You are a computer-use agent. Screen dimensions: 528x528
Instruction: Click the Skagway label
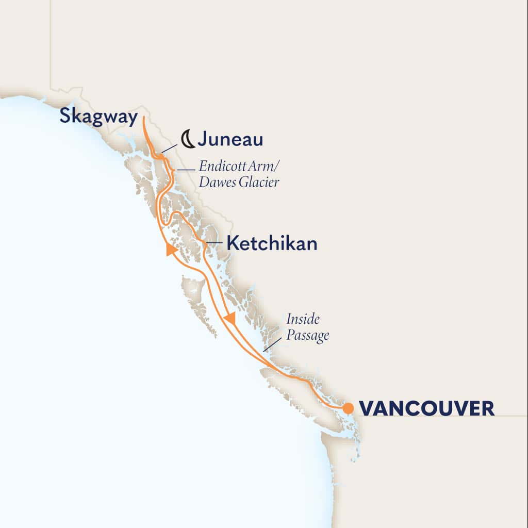[98, 117]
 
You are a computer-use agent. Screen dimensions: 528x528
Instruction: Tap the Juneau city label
[230, 139]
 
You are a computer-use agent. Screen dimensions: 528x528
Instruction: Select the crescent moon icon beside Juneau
[188, 139]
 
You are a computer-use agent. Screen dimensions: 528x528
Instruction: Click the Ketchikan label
[272, 244]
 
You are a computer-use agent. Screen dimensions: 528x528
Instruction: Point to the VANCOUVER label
[426, 409]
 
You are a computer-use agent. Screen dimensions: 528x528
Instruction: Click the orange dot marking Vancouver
[348, 408]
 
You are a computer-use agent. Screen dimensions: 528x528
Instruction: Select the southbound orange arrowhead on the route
[230, 318]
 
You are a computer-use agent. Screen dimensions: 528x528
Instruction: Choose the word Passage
[308, 336]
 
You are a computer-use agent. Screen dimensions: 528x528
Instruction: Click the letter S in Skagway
[65, 116]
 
